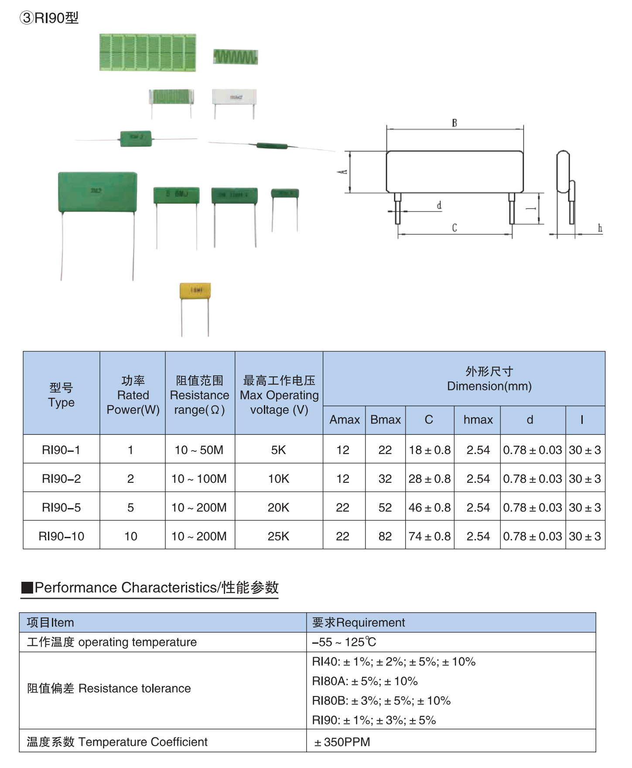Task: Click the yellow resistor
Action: (195, 290)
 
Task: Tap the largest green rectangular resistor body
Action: (98, 192)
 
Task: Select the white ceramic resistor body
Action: (234, 97)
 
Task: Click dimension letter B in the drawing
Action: (454, 123)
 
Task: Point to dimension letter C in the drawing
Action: (454, 228)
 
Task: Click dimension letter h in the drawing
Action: (600, 228)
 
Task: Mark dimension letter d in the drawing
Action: (439, 205)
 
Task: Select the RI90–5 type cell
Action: (61, 507)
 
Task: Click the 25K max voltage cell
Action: (279, 536)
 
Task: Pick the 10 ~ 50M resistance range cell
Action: (199, 450)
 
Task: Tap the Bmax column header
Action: (386, 420)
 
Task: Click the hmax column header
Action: (478, 420)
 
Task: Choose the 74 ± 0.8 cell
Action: (430, 536)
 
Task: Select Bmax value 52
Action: (385, 507)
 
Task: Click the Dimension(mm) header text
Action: (489, 386)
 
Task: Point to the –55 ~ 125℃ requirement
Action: (344, 642)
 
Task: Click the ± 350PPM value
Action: (342, 742)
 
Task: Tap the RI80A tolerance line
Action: (365, 681)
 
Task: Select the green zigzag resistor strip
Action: (236, 57)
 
